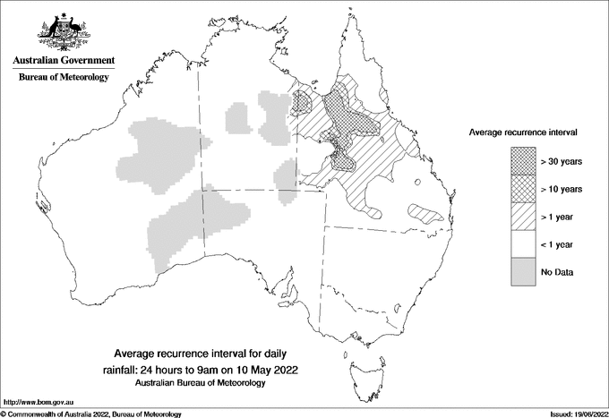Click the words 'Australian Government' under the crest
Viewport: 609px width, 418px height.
click(x=64, y=61)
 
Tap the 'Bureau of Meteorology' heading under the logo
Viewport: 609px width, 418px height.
click(x=64, y=78)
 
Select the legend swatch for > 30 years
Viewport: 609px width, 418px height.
click(x=523, y=161)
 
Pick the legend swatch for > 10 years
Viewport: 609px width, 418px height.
click(x=523, y=189)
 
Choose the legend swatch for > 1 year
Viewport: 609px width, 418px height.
click(x=523, y=217)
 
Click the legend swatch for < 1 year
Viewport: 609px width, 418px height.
click(x=523, y=244)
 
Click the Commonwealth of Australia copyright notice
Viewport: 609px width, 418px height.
click(x=91, y=414)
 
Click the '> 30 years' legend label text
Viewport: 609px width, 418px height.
click(x=562, y=161)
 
